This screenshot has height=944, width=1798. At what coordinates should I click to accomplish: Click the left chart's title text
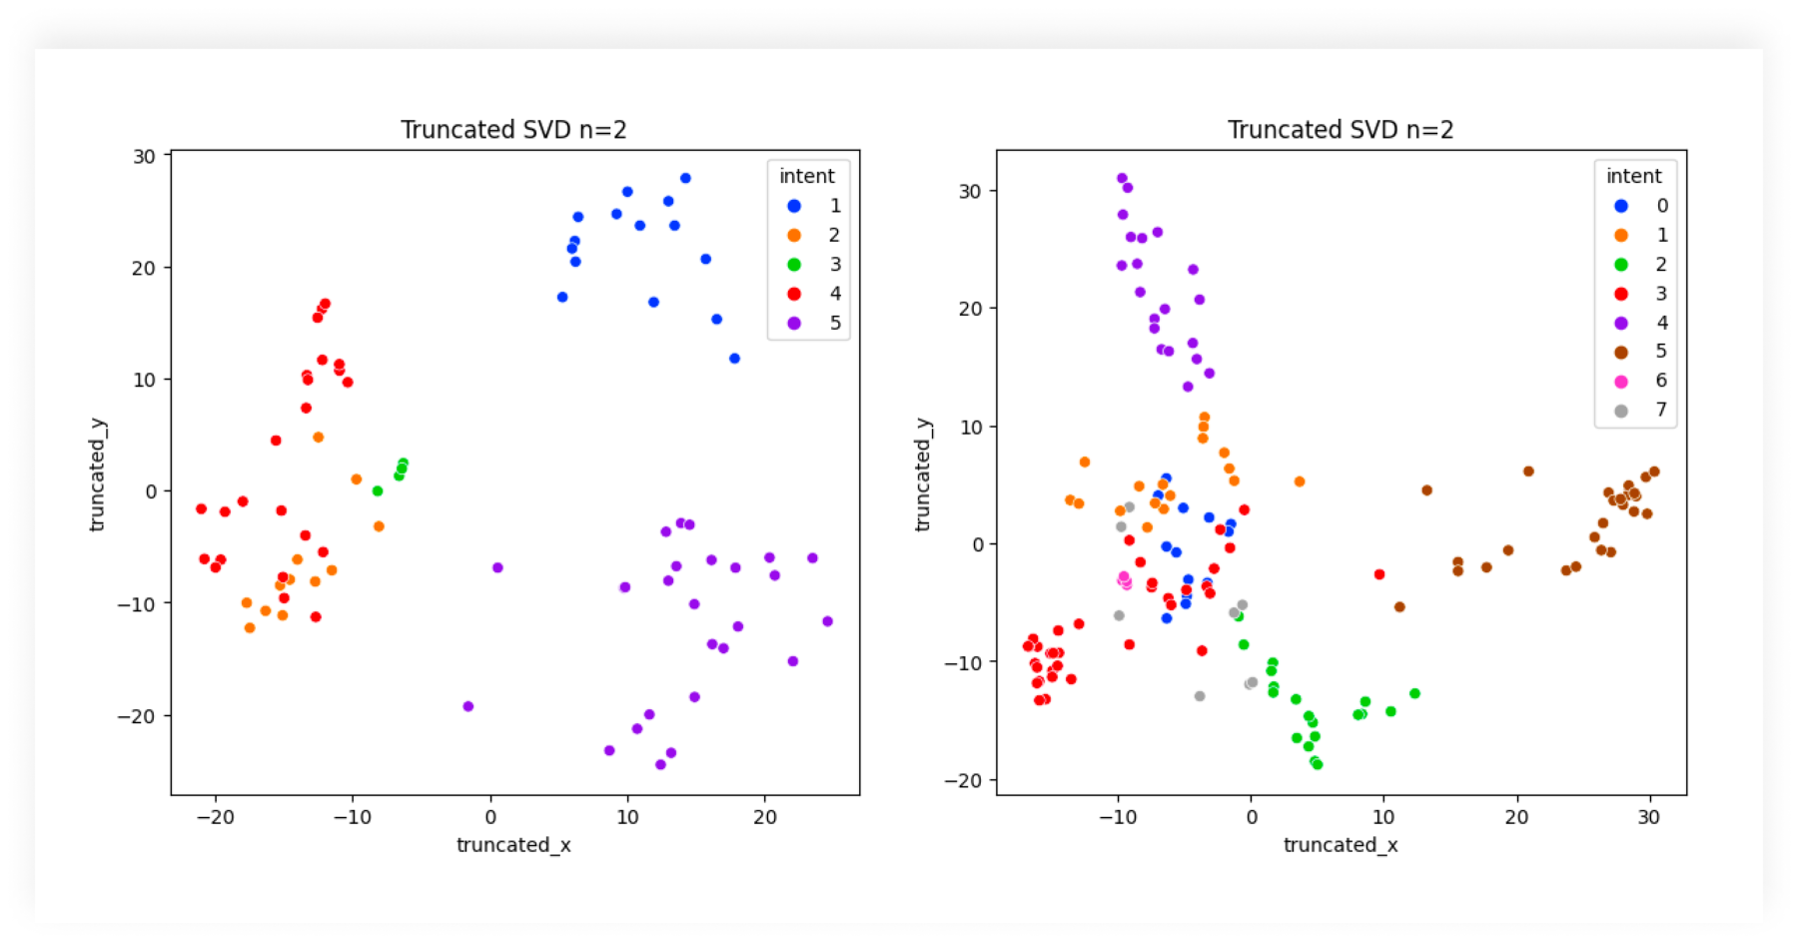pos(513,130)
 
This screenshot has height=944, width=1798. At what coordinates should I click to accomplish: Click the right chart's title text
pos(1340,130)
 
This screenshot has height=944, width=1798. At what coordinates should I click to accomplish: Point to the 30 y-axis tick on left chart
pos(145,156)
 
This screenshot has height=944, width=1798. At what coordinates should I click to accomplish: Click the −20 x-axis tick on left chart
pos(215,816)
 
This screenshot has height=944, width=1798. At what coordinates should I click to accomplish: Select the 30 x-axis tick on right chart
pos(1649,816)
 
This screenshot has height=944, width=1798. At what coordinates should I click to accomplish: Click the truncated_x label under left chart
pos(513,845)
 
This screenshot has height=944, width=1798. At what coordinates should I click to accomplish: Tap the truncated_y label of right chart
pos(923,473)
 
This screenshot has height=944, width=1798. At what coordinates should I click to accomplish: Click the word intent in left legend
pos(806,176)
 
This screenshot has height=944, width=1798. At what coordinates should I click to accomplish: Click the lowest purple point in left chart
pos(660,764)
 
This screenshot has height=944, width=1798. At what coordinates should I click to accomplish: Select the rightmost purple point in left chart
pos(827,621)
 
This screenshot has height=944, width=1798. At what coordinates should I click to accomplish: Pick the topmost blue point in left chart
pos(685,178)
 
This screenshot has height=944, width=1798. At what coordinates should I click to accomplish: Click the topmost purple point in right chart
pos(1122,178)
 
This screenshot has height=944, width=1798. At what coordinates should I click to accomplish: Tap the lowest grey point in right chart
pos(1200,696)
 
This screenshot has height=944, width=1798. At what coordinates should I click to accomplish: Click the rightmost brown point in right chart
pos(1654,472)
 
